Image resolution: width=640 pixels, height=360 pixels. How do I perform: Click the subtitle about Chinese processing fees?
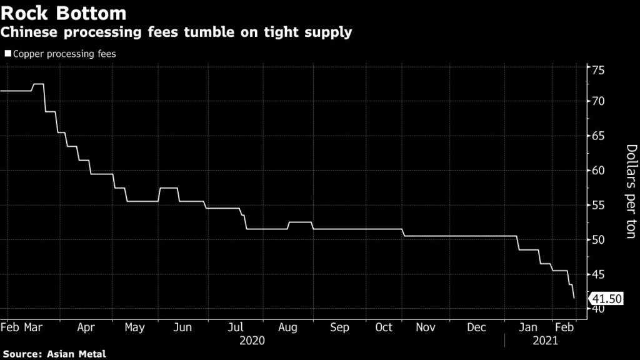tap(177, 32)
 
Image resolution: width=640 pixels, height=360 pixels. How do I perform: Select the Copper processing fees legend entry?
tap(61, 54)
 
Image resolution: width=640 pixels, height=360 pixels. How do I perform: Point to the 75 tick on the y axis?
tap(599, 69)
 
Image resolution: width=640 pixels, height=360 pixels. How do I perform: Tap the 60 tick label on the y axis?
tap(599, 170)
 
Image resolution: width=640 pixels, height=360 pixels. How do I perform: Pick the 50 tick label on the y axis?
tap(599, 239)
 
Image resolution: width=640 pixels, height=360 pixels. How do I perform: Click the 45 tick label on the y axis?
tap(599, 274)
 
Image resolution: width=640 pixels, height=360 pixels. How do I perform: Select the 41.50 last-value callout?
tap(606, 299)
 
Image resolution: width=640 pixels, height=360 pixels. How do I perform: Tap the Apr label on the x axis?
tap(86, 327)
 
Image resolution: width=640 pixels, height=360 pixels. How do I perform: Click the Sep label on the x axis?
tap(339, 327)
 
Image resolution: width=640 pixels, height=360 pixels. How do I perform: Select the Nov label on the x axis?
tap(425, 327)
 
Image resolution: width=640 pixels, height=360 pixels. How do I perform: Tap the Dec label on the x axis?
tap(477, 327)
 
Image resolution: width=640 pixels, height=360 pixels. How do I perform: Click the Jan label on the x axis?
tap(529, 327)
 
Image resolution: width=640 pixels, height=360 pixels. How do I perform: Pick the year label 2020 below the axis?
tap(252, 341)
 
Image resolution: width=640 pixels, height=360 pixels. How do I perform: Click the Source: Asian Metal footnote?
tap(53, 354)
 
